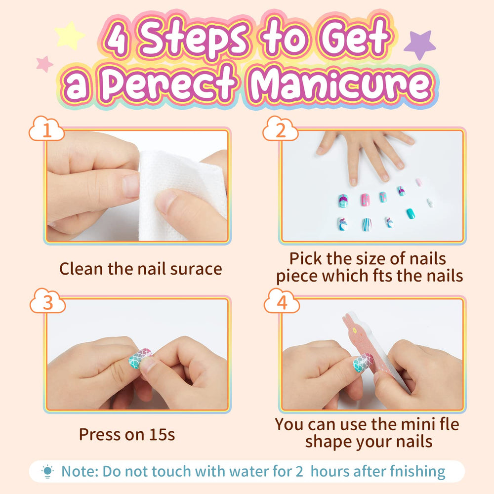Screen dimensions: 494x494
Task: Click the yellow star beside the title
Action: pyautogui.click(x=69, y=36)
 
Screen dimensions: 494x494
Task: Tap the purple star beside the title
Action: pyautogui.click(x=420, y=44)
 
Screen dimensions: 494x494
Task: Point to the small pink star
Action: pyautogui.click(x=44, y=64)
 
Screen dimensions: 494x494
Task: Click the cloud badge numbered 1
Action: pyautogui.click(x=46, y=128)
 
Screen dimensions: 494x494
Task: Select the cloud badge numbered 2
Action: pyautogui.click(x=281, y=128)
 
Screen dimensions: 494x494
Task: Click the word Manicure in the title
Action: pyautogui.click(x=341, y=84)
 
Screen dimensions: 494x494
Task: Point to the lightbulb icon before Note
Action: pyautogui.click(x=47, y=472)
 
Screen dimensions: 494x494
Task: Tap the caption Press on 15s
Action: pyautogui.click(x=127, y=434)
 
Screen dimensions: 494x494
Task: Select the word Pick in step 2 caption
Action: pyautogui.click(x=306, y=259)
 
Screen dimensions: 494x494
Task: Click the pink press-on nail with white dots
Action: pyautogui.click(x=365, y=200)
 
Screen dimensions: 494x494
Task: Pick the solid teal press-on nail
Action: pyautogui.click(x=411, y=213)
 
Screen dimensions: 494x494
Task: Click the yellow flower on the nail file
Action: pyautogui.click(x=354, y=330)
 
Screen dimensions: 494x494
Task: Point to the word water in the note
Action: pyautogui.click(x=249, y=472)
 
